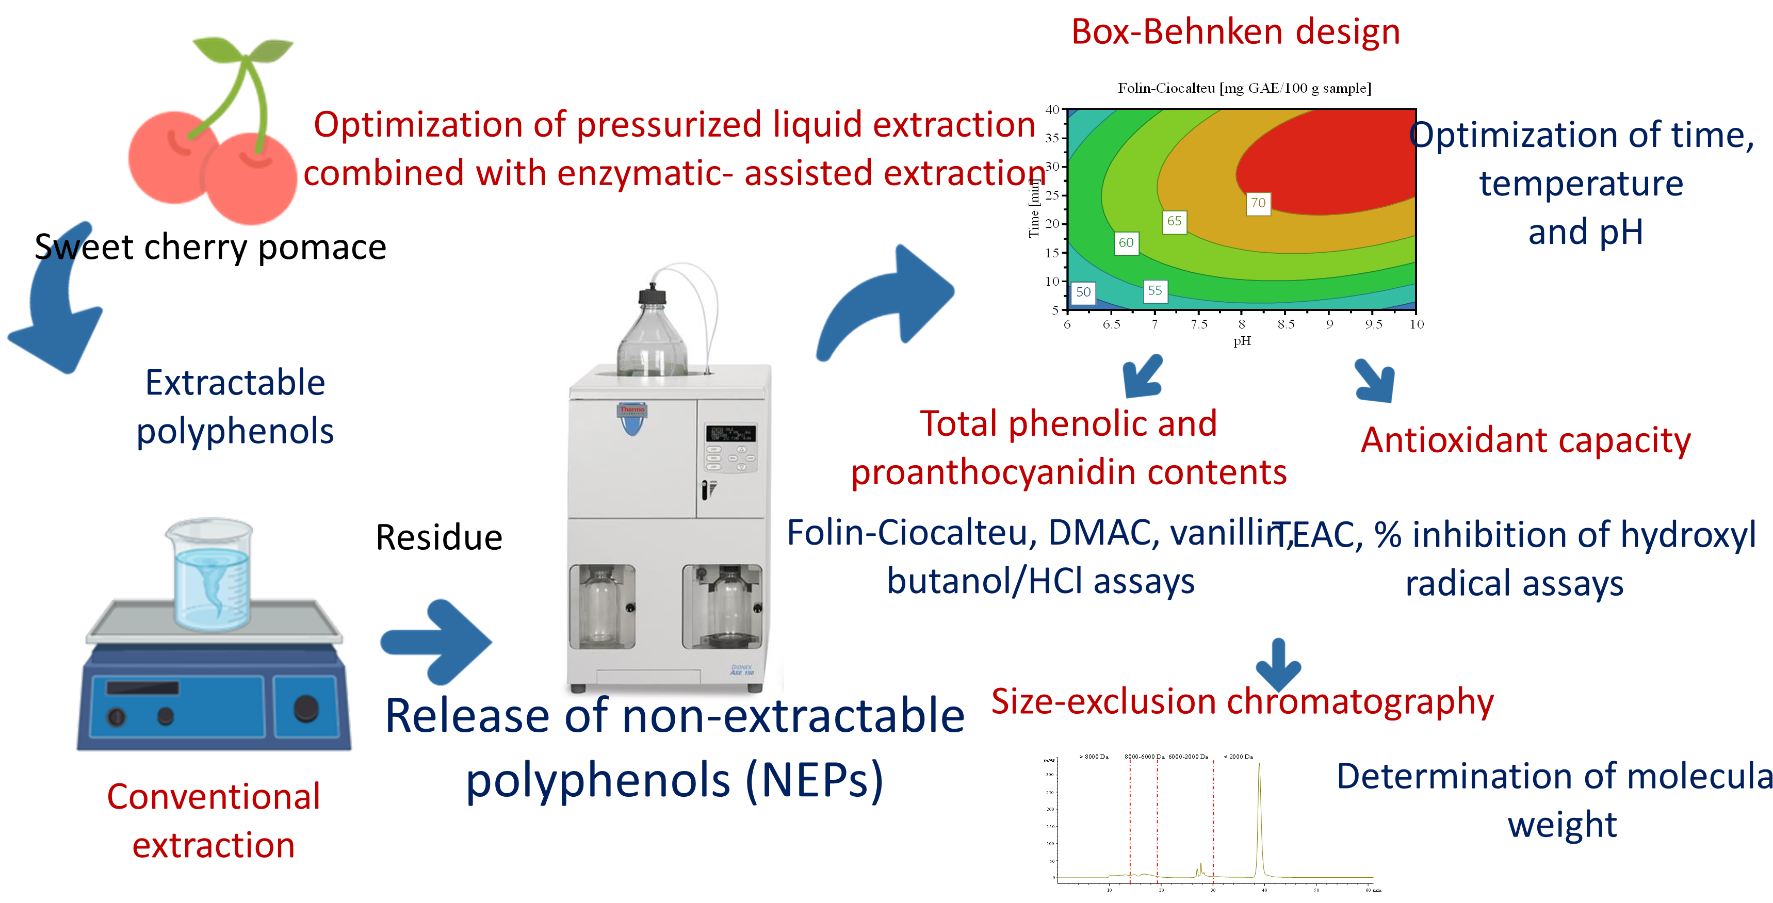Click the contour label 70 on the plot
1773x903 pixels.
pyautogui.click(x=1258, y=203)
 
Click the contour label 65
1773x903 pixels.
pyautogui.click(x=1174, y=221)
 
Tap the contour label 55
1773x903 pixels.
pyautogui.click(x=1154, y=290)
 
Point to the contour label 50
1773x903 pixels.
pyautogui.click(x=1083, y=292)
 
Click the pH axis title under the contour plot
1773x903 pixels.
pyautogui.click(x=1242, y=341)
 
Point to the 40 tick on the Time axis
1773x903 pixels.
pyautogui.click(x=1052, y=109)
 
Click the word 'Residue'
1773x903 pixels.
pyautogui.click(x=439, y=537)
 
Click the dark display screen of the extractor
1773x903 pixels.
pyautogui.click(x=730, y=434)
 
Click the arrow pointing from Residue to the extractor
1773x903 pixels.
pyautogui.click(x=436, y=642)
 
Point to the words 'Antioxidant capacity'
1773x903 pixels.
pyautogui.click(x=1525, y=440)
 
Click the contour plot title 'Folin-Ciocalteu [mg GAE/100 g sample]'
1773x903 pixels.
pyautogui.click(x=1244, y=88)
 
